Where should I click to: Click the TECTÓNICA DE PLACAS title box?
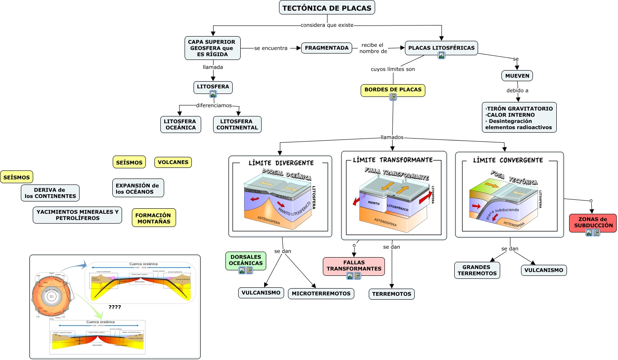(x=327, y=8)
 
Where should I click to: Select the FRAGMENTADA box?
(x=327, y=48)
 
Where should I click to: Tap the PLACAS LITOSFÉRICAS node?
(x=441, y=48)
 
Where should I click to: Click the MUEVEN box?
(x=517, y=76)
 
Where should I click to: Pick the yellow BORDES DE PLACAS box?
(x=393, y=90)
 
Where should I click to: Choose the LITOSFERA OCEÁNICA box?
(x=180, y=125)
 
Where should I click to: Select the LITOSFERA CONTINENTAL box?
(x=237, y=125)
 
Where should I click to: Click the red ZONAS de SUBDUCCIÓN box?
(x=592, y=222)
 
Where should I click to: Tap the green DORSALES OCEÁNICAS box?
(x=245, y=260)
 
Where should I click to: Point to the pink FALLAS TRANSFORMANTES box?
(x=353, y=266)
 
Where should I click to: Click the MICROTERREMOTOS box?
(x=321, y=293)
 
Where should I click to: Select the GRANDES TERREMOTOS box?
(x=477, y=270)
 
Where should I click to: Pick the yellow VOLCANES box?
(x=173, y=162)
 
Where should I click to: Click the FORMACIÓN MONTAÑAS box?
(x=154, y=218)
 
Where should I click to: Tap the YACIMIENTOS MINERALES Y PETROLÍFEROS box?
(x=77, y=215)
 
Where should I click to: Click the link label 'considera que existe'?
(x=327, y=25)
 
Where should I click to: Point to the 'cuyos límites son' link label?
(x=393, y=69)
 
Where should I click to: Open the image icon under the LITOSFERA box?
(x=213, y=94)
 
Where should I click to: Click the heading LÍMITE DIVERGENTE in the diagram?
(x=281, y=163)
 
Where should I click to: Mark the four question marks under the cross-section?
(x=114, y=307)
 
